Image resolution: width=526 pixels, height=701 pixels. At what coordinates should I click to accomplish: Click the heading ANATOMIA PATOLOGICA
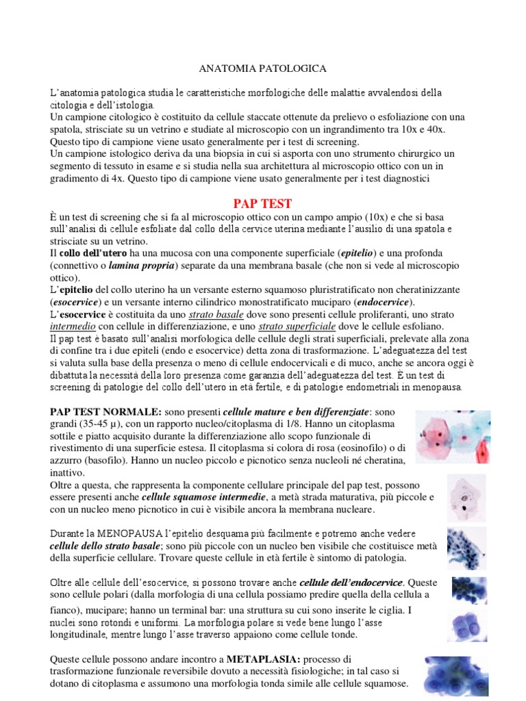click(x=262, y=68)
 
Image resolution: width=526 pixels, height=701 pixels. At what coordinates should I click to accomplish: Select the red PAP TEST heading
click(x=262, y=203)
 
